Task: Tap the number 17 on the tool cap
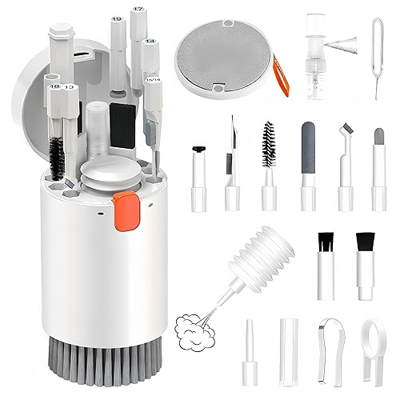138,10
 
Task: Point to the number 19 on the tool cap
117,18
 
